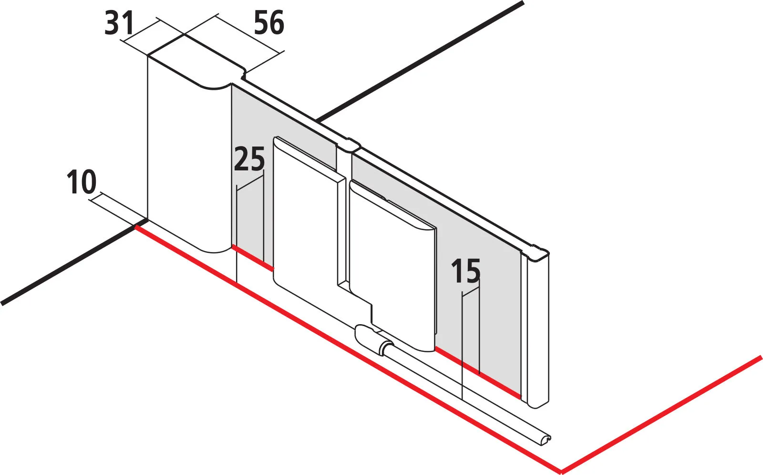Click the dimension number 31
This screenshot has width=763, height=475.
pos(119,23)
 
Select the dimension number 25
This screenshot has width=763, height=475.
pos(249,159)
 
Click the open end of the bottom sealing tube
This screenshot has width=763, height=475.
pos(546,440)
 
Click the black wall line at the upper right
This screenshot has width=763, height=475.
pos(420,62)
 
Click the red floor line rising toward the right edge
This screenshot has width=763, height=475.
pos(661,414)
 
